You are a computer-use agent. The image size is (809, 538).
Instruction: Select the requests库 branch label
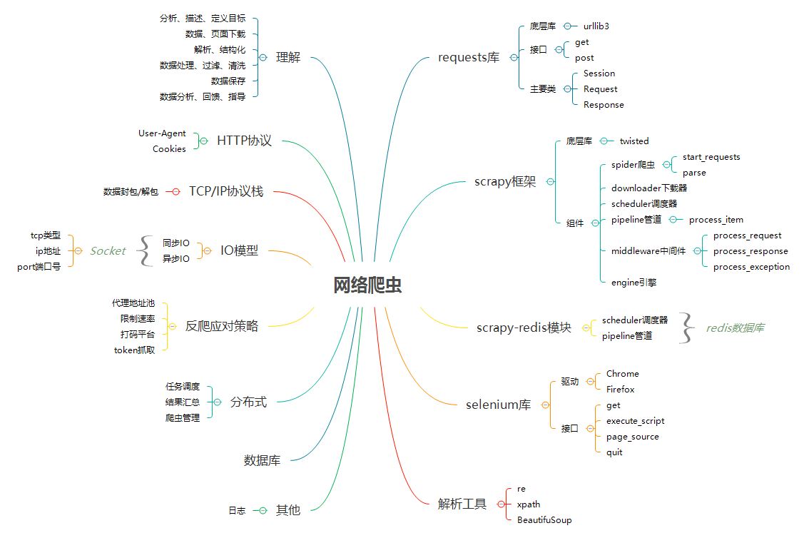point(469,58)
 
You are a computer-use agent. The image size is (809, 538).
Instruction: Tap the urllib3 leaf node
point(596,26)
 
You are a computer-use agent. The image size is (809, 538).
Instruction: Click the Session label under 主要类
point(599,73)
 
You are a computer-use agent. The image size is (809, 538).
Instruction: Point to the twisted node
point(634,141)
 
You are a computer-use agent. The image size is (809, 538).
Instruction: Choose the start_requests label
point(711,157)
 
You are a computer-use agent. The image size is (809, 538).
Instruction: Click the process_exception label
point(751,267)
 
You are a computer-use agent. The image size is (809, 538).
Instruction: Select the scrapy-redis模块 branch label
point(524,328)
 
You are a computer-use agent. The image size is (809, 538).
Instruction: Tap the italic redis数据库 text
point(735,328)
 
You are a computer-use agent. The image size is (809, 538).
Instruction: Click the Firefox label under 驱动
point(620,390)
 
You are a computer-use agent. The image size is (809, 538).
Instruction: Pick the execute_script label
point(635,421)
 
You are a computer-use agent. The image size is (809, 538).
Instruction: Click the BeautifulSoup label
point(544,520)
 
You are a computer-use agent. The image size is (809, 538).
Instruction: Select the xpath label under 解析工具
point(529,504)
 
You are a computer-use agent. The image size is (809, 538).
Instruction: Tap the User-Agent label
point(162,133)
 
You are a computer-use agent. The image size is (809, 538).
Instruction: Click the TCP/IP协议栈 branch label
point(225,191)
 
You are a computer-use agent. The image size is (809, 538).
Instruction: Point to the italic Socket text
point(108,251)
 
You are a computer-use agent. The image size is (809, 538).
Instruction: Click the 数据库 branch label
point(262,461)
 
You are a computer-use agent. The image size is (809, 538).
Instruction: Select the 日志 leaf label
point(237,511)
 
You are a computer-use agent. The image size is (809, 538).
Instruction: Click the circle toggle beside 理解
point(263,58)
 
